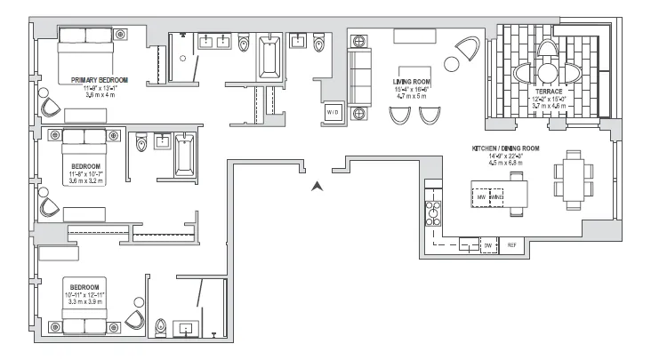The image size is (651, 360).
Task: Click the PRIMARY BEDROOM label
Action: click(x=99, y=80)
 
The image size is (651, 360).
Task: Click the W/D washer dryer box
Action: click(x=332, y=113)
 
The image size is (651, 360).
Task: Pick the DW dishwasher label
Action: click(x=487, y=245)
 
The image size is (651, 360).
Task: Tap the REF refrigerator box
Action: click(x=511, y=245)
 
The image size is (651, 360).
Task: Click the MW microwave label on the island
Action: click(x=481, y=197)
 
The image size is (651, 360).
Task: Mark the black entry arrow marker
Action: click(x=315, y=187)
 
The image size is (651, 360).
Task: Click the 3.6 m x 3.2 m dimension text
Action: click(x=86, y=180)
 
